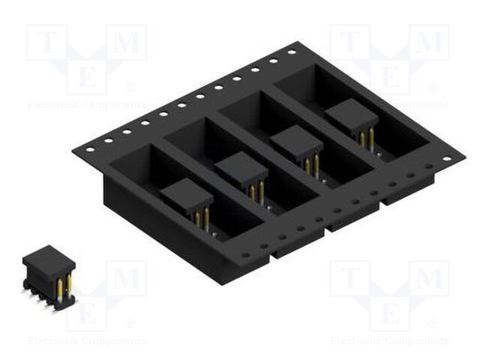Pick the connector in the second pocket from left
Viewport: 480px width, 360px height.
coord(241,171)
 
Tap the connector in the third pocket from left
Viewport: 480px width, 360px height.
coord(296,144)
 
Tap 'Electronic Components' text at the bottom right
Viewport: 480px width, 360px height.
coord(389,342)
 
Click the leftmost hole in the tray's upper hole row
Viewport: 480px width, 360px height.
coord(90,148)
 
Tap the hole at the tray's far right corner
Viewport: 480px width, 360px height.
coord(447,159)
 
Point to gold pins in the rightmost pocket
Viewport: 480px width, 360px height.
coord(367,139)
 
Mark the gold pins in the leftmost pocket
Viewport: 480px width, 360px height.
coord(202,218)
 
